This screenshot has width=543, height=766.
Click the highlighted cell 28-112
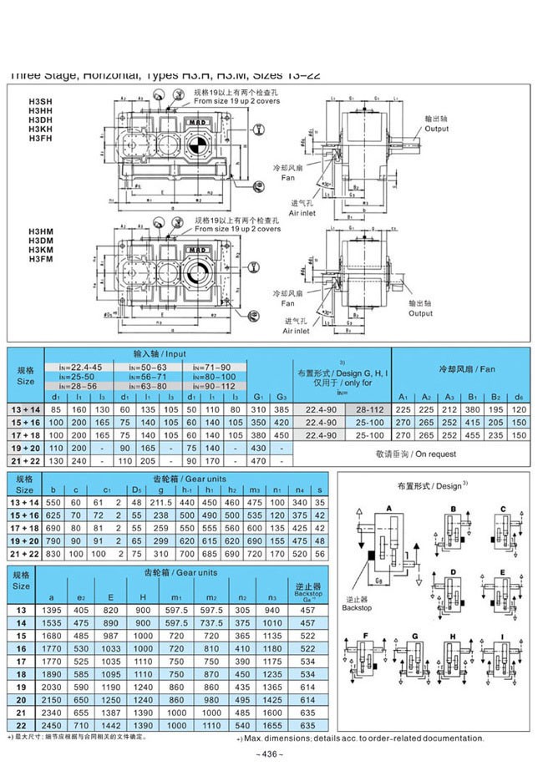click(x=368, y=409)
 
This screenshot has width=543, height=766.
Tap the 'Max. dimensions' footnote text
click(x=359, y=738)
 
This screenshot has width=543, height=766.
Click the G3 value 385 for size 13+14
click(x=282, y=409)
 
